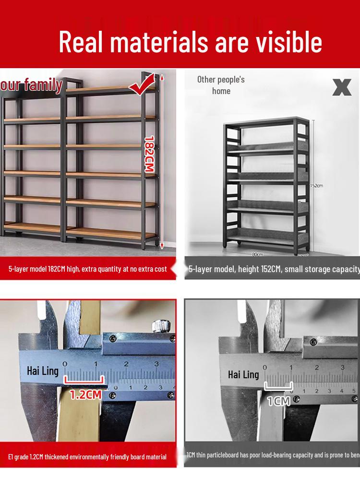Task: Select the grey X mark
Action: pyautogui.click(x=342, y=87)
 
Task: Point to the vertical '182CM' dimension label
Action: pyautogui.click(x=149, y=153)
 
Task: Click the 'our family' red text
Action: pyautogui.click(x=32, y=85)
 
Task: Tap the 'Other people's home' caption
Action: pyautogui.click(x=221, y=85)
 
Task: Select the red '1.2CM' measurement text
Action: pyautogui.click(x=85, y=395)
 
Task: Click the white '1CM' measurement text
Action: pyautogui.click(x=278, y=400)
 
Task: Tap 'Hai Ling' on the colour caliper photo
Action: pyautogui.click(x=42, y=371)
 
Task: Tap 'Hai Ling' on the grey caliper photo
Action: pyautogui.click(x=243, y=374)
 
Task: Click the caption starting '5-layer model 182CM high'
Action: pyautogui.click(x=87, y=269)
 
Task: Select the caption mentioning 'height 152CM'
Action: pyautogui.click(x=274, y=269)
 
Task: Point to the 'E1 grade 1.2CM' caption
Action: pyautogui.click(x=87, y=456)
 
